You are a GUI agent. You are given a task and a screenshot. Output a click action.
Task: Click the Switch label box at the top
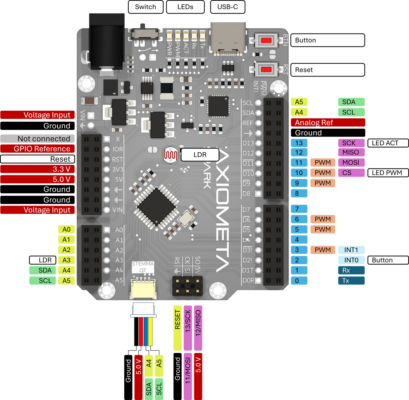[146, 7]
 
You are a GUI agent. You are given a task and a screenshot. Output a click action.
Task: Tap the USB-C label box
[228, 7]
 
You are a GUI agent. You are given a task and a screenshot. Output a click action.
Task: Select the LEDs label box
[185, 7]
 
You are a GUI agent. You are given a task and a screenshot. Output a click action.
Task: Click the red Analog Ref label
[328, 122]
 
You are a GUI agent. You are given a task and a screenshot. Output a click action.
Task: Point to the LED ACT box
[388, 143]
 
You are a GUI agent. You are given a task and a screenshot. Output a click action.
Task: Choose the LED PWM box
[388, 173]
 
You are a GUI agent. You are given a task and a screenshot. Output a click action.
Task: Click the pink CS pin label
[351, 173]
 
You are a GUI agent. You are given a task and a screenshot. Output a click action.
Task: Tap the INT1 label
[351, 250]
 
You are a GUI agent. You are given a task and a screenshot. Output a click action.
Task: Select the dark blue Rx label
[351, 270]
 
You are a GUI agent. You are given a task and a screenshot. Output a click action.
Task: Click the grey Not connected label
[38, 139]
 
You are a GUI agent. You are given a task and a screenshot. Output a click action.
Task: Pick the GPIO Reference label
[38, 149]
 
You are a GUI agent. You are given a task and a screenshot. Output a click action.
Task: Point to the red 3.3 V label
[38, 169]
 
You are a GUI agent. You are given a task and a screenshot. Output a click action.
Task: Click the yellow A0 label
[67, 229]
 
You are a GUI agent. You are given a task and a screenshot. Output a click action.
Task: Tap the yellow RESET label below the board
[178, 328]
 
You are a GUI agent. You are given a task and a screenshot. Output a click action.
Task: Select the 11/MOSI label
[188, 376]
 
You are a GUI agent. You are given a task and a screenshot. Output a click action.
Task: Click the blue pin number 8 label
[299, 193]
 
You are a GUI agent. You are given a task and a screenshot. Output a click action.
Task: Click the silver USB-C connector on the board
[228, 38]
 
